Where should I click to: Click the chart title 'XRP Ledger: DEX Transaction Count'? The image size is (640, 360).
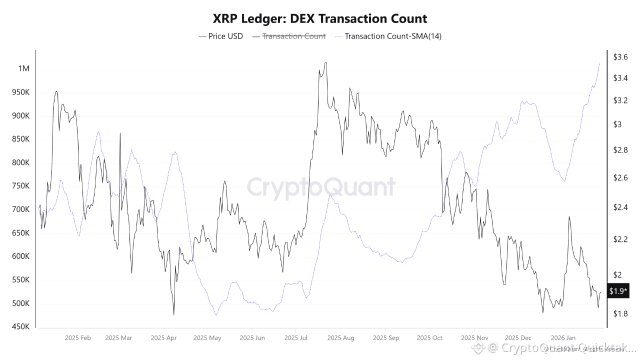pos(320,19)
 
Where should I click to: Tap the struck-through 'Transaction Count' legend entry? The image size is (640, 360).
pos(294,36)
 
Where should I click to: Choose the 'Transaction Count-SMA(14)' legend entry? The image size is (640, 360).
pos(393,36)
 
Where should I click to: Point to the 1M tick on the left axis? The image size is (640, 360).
pos(23,68)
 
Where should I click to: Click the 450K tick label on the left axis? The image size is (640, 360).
pos(20,327)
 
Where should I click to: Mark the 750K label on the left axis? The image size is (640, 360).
pos(20,186)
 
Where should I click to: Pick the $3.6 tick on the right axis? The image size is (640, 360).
pos(620,57)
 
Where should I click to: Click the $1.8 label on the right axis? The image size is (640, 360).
pos(620,313)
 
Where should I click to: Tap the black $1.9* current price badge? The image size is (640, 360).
pos(618,291)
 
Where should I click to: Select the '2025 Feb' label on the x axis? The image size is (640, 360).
pos(77,338)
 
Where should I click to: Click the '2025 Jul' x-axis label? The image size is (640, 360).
pos(296,338)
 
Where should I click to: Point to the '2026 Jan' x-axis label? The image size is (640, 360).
pos(563,338)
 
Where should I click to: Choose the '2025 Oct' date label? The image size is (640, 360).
pos(429,338)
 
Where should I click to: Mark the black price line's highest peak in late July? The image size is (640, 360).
pos(325,63)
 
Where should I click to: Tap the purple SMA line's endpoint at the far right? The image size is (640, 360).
pos(599,62)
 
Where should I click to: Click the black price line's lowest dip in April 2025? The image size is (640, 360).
pos(173,314)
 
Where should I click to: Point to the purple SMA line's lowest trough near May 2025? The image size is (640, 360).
pos(216,315)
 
